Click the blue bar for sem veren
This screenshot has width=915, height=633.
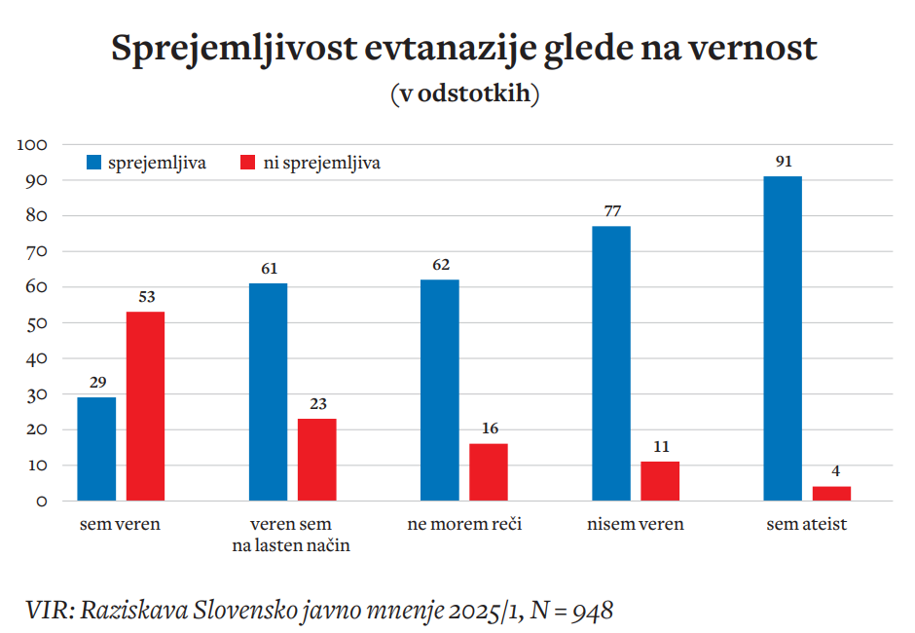[96, 449]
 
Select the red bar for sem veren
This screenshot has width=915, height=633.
[145, 406]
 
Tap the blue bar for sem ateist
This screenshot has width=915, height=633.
[782, 338]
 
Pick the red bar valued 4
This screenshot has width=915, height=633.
[831, 494]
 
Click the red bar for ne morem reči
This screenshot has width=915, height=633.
[488, 472]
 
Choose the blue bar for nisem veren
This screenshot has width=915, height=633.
[610, 363]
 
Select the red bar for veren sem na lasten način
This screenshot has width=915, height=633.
[316, 460]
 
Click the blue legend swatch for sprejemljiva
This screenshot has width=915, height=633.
[94, 163]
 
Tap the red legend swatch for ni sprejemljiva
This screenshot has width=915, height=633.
[248, 163]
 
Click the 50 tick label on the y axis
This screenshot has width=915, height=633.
[37, 323]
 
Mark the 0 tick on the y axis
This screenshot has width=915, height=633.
[42, 502]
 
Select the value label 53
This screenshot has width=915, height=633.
[146, 297]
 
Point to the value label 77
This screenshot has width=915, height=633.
[610, 211]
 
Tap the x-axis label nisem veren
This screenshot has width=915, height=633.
[635, 525]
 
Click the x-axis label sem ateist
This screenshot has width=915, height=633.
[806, 525]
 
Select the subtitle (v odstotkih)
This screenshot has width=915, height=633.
[464, 94]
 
